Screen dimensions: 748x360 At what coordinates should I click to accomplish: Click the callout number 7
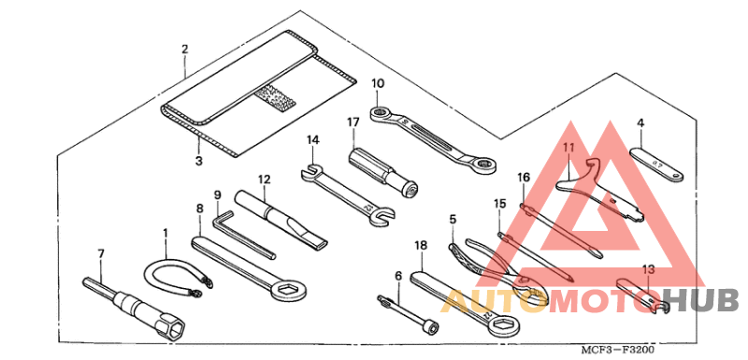tap(101, 254)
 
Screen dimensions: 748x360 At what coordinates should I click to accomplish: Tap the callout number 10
tap(378, 83)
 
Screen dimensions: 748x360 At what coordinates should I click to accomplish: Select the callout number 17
tap(352, 122)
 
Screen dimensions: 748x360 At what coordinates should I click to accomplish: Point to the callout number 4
tap(640, 122)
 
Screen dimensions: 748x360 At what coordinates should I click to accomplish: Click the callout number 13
tap(647, 270)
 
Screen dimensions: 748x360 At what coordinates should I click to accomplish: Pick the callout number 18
tap(421, 246)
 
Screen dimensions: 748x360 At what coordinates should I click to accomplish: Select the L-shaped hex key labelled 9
tap(242, 237)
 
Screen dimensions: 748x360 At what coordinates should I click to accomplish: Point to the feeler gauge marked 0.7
tap(657, 165)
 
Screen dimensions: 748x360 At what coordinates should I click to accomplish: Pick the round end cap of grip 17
tap(410, 189)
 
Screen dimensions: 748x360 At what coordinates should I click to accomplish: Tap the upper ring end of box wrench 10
tap(381, 113)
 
